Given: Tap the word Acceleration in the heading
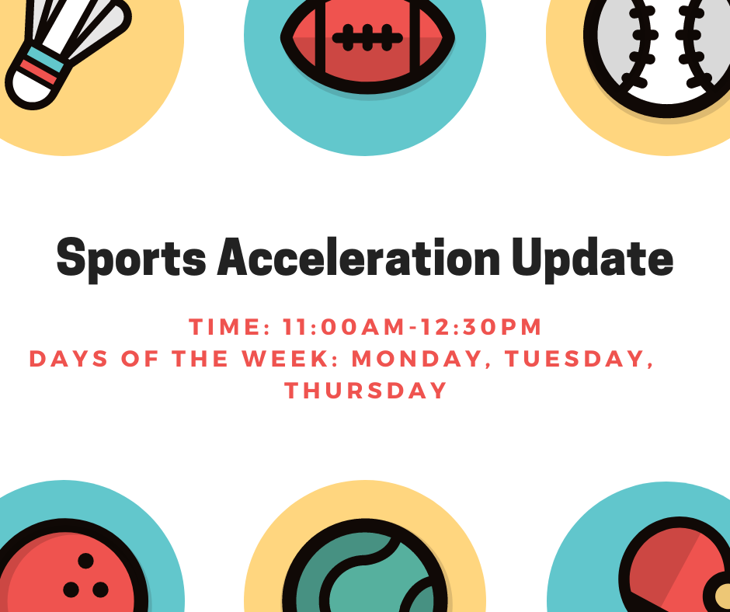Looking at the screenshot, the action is tap(359, 256).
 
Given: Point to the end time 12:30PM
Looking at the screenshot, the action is tap(481, 326).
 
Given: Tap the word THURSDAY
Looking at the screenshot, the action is tap(366, 391).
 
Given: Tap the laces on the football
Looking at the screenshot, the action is tap(367, 38).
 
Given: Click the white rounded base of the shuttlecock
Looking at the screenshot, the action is tap(31, 89).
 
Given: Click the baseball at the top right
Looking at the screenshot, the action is tap(656, 51).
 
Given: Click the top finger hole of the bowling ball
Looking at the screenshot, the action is tap(85, 561).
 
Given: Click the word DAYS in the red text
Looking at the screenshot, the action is tap(68, 359).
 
